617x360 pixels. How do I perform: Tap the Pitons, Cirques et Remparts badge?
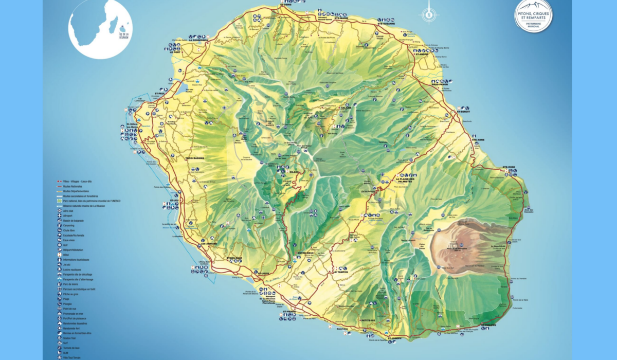[533, 15]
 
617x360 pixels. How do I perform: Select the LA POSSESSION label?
[198, 40]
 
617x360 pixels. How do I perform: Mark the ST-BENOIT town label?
[464, 111]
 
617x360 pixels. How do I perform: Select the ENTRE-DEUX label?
[303, 253]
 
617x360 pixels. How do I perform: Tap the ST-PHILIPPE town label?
[489, 325]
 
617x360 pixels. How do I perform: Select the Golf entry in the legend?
[66, 245]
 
